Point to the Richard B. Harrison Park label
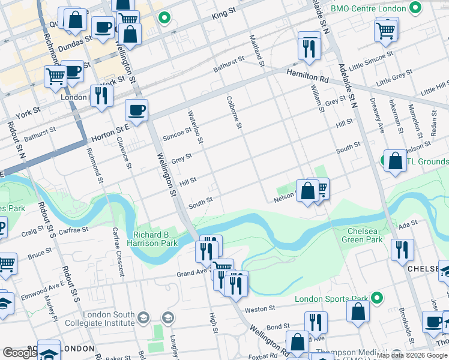pyautogui.click(x=152, y=239)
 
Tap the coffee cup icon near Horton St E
pyautogui.click(x=136, y=110)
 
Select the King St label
pyautogui.click(x=225, y=14)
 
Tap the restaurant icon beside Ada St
pyautogui.click(x=402, y=250)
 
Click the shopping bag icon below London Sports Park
pyautogui.click(x=358, y=313)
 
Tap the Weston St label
pyautogui.click(x=263, y=308)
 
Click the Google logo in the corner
pyautogui.click(x=19, y=353)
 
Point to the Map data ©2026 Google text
pyautogui.click(x=412, y=355)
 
